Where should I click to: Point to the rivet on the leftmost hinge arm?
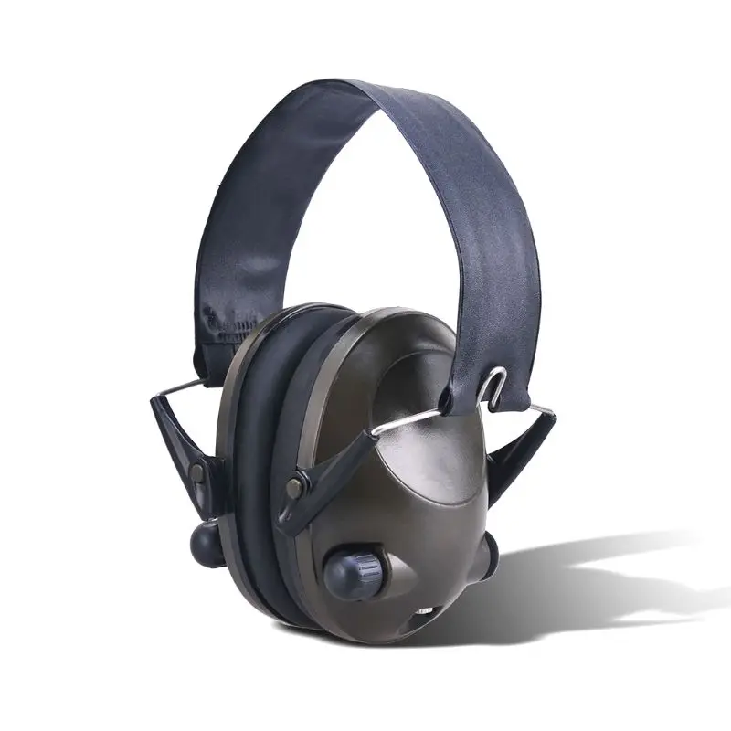tap(196, 470)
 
